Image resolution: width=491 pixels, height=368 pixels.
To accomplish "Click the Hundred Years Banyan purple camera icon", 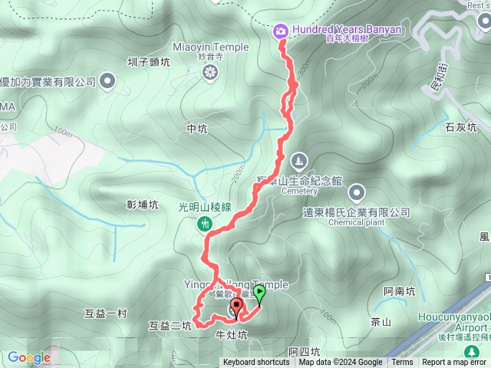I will [x=281, y=30].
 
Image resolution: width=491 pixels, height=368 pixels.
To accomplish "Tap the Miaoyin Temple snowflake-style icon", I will [x=210, y=73].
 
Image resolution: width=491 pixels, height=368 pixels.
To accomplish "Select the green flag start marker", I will [x=259, y=292].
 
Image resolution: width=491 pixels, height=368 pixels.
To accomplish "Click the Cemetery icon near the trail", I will [x=298, y=161].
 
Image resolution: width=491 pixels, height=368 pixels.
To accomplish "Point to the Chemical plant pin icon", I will [x=356, y=191].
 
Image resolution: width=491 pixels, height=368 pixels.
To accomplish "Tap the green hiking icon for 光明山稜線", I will [x=206, y=225].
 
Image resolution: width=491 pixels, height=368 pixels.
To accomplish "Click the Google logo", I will [x=28, y=357].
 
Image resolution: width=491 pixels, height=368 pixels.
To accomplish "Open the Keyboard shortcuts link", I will [x=257, y=363].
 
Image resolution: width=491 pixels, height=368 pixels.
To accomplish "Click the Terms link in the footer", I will [x=402, y=363].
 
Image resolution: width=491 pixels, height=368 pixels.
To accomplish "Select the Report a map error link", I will [x=454, y=363].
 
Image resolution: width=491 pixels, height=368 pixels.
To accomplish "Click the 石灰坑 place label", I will [x=461, y=127].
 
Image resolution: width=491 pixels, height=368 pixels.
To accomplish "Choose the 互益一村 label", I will [x=105, y=313].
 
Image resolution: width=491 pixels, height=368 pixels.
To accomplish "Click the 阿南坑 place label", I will [x=400, y=291].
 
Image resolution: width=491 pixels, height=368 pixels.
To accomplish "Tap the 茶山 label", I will [x=381, y=323].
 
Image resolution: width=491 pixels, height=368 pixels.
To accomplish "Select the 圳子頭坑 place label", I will [x=149, y=63].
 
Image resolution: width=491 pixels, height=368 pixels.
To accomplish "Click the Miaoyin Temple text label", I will [x=211, y=47].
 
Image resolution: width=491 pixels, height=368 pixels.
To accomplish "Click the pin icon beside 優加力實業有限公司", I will [x=106, y=80].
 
